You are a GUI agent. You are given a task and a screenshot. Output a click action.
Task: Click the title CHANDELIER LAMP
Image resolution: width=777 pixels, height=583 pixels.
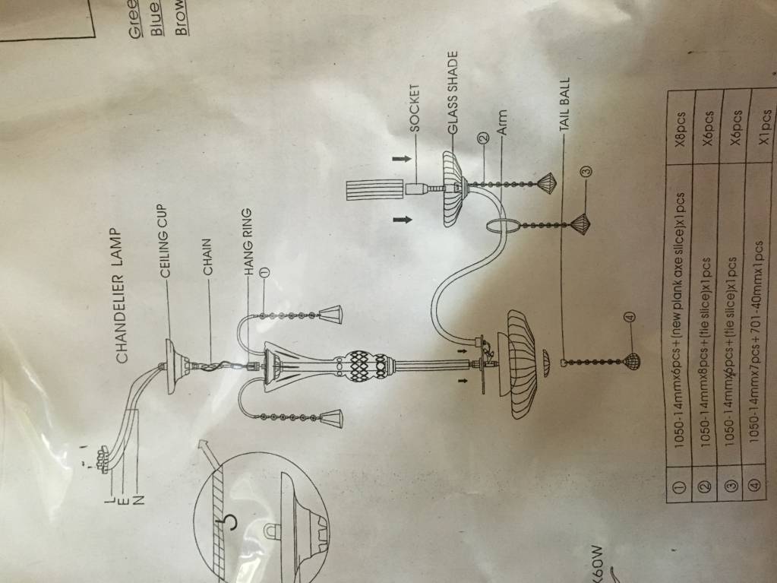click(x=122, y=293)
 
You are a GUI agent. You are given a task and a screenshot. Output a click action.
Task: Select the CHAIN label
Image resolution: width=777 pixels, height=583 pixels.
click(x=207, y=255)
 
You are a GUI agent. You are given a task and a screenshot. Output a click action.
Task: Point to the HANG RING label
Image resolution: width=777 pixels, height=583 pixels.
click(x=247, y=240)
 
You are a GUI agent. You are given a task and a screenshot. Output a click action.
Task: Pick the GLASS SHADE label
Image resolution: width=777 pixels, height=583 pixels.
click(x=453, y=92)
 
